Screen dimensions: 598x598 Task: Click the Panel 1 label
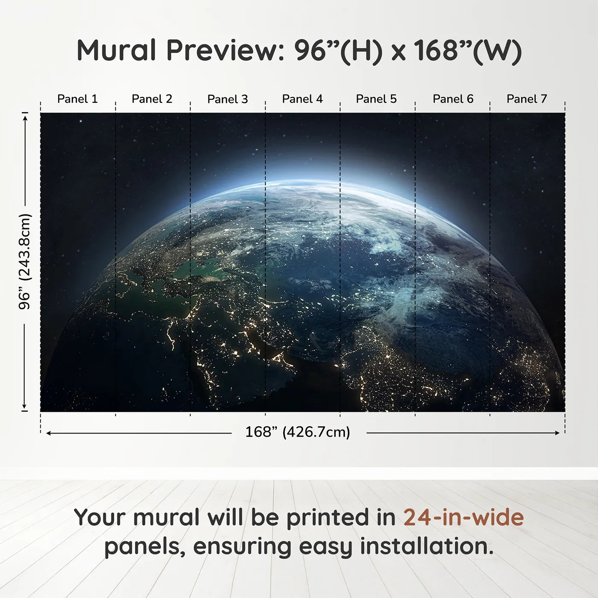click(x=77, y=99)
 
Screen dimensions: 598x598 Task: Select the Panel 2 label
click(x=152, y=99)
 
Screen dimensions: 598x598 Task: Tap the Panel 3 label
click(x=227, y=99)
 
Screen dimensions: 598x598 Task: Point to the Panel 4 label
click(x=302, y=99)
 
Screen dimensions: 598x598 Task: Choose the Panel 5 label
click(x=376, y=99)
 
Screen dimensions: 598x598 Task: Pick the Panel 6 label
click(x=453, y=99)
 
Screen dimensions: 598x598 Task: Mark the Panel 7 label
click(x=526, y=99)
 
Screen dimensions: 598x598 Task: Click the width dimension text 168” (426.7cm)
click(x=297, y=432)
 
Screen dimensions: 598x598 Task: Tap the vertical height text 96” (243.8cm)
click(x=25, y=261)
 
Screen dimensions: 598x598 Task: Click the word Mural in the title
click(x=116, y=50)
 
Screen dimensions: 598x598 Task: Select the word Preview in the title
click(x=222, y=50)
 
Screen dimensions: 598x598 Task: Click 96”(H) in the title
click(x=337, y=51)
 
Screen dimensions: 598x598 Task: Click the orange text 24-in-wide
click(x=463, y=518)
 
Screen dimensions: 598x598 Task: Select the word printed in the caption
click(x=328, y=518)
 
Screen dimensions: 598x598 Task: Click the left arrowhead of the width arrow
click(x=49, y=433)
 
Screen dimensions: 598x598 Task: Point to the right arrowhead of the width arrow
click(x=557, y=433)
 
